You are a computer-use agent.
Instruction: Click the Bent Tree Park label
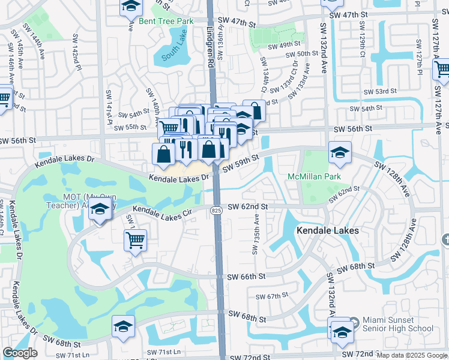pos(166,21)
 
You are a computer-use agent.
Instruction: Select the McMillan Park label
pos(314,176)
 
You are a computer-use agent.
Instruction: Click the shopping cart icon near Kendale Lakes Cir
pos(136,240)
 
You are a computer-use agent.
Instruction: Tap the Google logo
pos(19,353)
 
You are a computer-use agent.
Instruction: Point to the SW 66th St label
pos(247,277)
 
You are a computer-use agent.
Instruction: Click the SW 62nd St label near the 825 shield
pos(247,207)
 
